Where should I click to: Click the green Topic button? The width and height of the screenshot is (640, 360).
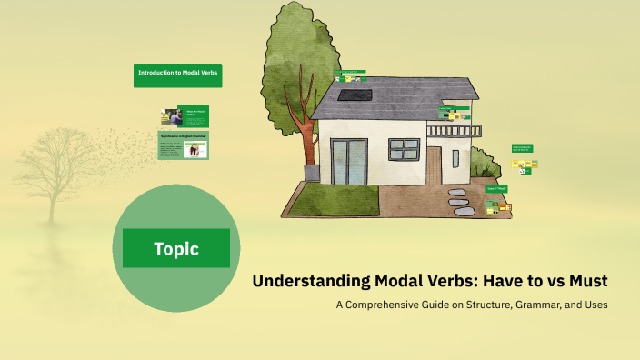click(x=176, y=248)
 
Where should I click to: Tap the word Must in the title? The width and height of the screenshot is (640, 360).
click(x=587, y=281)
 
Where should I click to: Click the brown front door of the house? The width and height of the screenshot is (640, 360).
click(x=434, y=165)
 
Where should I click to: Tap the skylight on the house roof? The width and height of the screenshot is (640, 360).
click(x=347, y=94)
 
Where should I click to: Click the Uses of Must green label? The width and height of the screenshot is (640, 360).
click(x=496, y=189)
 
